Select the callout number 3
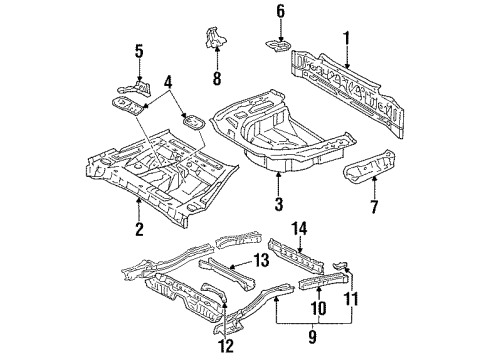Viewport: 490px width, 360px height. (x=279, y=207)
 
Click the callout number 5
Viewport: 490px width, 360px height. (x=140, y=50)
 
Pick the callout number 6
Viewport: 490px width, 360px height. (x=281, y=12)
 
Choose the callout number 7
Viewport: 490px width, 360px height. (x=375, y=208)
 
